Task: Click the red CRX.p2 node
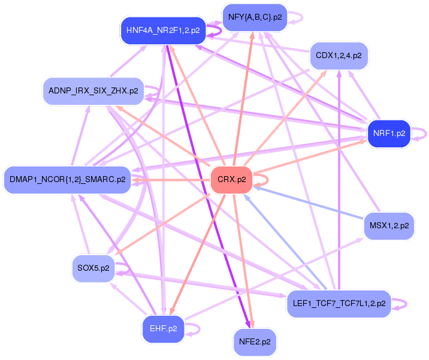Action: [231, 180]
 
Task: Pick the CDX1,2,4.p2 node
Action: [339, 56]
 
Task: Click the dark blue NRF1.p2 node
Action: [389, 134]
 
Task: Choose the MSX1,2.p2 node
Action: [389, 226]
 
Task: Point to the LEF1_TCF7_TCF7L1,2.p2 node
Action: [339, 304]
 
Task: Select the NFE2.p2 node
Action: [254, 342]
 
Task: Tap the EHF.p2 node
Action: [162, 329]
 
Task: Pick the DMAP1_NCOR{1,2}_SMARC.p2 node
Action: [67, 179]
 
